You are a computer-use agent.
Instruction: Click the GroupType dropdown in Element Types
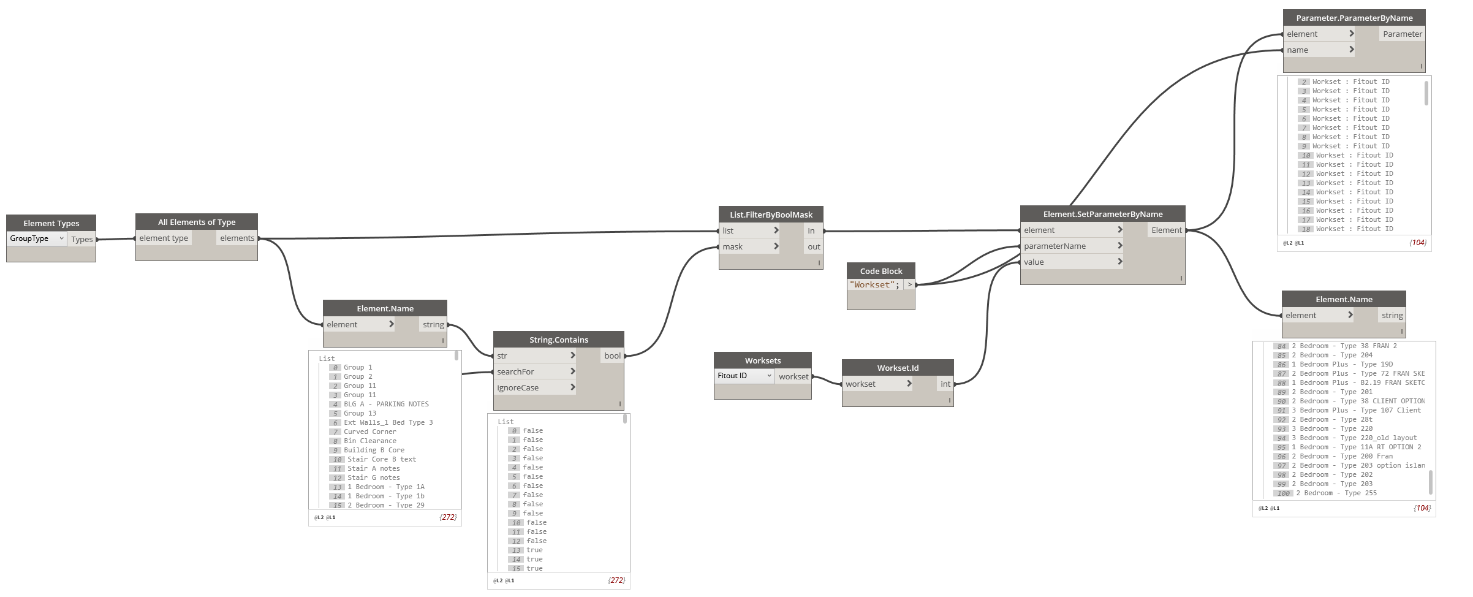(36, 238)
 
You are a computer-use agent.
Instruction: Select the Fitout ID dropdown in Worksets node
(744, 376)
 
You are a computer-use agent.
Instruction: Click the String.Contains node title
(558, 340)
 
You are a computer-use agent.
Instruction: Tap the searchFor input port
(516, 371)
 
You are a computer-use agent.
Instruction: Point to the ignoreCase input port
(518, 387)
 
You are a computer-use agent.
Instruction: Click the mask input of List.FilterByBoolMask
(733, 246)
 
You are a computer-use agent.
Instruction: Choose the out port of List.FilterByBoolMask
(813, 246)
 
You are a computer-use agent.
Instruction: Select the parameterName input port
(1055, 246)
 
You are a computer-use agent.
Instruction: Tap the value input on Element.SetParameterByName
(1034, 262)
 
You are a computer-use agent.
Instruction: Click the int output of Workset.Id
(945, 384)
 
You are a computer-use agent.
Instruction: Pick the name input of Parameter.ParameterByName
(1298, 50)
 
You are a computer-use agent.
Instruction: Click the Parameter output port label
(1402, 34)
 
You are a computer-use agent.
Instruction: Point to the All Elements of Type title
(196, 222)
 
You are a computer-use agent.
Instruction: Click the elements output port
(237, 238)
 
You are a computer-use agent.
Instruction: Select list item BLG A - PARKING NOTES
(386, 404)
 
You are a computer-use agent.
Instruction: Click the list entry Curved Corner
(369, 432)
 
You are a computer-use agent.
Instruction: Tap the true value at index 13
(534, 550)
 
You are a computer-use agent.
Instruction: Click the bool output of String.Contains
(612, 356)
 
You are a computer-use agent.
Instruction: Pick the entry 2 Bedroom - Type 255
(1336, 493)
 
